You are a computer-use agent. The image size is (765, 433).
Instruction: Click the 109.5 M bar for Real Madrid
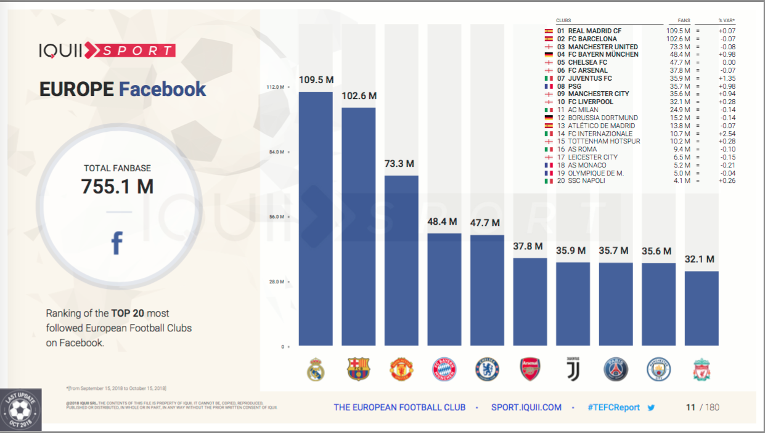point(316,219)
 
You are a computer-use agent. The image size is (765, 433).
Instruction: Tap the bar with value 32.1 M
point(702,308)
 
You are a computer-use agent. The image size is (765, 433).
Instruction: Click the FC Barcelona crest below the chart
point(359,369)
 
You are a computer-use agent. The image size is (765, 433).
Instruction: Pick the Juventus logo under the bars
point(573,368)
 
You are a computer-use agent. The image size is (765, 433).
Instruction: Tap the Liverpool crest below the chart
point(702,369)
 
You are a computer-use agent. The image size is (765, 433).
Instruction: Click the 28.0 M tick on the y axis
point(275,281)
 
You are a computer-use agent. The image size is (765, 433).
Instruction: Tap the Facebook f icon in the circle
point(117,243)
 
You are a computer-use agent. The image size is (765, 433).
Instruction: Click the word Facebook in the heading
point(163,89)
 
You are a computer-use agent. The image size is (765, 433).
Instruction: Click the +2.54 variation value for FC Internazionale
point(727,134)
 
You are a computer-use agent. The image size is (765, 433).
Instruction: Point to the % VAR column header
point(727,20)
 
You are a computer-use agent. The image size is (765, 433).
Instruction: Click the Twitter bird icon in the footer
point(651,407)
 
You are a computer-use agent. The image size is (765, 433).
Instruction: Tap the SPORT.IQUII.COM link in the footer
point(526,407)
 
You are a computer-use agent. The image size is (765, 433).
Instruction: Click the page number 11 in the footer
point(690,407)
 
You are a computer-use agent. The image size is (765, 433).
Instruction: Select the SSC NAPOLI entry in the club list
point(586,180)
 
